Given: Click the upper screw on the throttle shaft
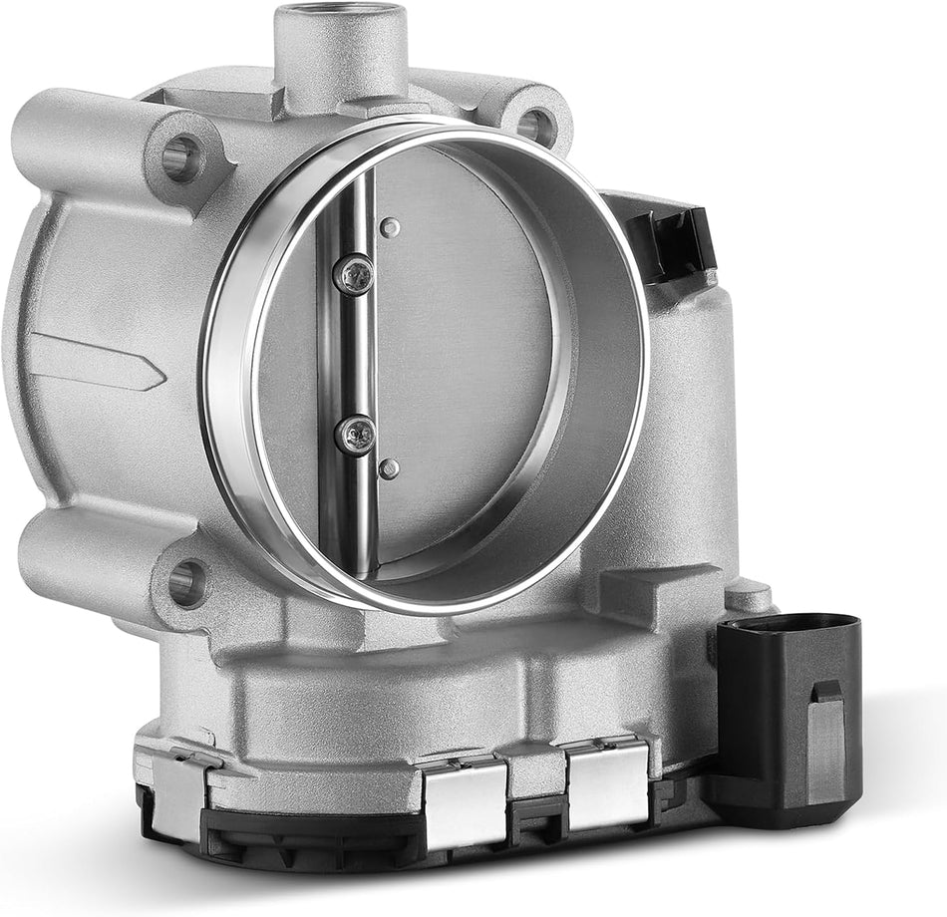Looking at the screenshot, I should [354, 273].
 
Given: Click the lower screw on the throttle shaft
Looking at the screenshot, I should [354, 434].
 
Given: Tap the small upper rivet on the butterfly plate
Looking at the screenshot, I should [392, 228].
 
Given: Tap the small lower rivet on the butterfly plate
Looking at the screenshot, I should [390, 467].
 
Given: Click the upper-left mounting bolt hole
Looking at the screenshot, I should [181, 157].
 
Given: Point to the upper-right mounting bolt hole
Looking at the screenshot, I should [535, 127].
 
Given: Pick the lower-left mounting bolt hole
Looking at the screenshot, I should [186, 581].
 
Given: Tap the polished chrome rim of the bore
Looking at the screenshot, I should [234, 429].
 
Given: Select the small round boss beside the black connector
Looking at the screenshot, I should [749, 597].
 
